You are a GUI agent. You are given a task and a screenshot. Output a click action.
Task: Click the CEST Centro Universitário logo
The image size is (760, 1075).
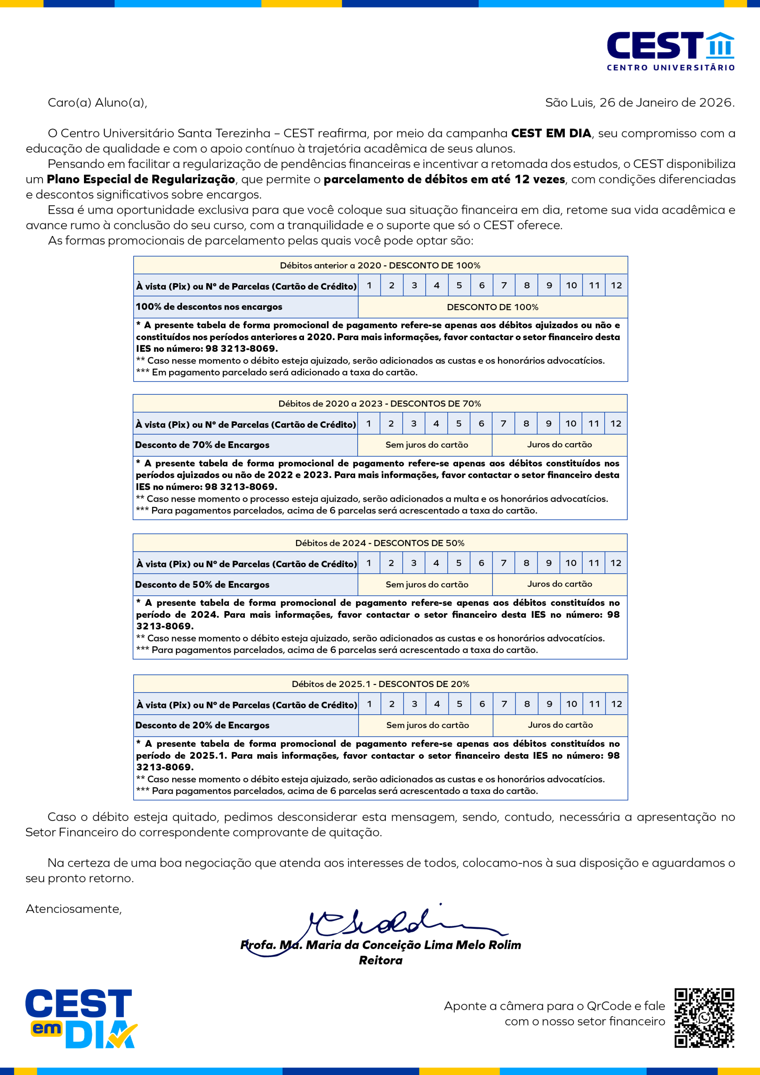point(670,50)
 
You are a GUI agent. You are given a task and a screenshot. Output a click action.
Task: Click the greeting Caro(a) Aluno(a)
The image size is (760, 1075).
point(97,102)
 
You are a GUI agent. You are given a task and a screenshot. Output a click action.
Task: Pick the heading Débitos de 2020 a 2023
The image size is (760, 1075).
point(379,404)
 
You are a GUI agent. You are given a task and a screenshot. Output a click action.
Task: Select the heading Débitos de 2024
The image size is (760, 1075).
point(379,543)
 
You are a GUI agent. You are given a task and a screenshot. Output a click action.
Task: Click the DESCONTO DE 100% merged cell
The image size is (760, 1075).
point(492,307)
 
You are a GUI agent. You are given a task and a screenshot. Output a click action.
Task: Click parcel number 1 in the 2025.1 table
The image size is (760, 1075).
point(370,704)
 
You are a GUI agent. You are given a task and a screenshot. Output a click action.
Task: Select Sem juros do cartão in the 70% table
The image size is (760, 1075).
point(426,445)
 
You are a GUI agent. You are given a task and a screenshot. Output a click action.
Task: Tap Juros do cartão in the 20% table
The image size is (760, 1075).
point(560,725)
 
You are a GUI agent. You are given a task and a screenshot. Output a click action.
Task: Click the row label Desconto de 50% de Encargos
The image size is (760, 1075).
point(202,584)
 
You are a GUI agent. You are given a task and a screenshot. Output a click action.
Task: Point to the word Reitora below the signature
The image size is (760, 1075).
point(380,961)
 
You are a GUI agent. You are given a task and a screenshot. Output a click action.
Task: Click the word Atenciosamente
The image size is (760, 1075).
point(73,909)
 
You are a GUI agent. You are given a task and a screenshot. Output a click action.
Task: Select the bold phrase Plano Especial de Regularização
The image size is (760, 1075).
point(141,179)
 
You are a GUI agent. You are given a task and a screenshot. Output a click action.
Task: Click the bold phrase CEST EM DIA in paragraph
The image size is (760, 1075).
point(550,134)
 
